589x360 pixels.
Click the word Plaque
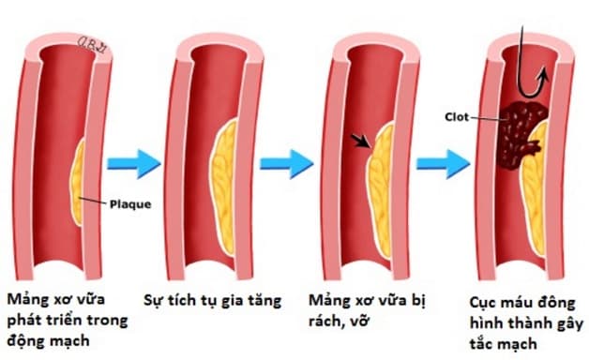click(124, 202)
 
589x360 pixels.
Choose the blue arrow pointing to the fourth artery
click(442, 163)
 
